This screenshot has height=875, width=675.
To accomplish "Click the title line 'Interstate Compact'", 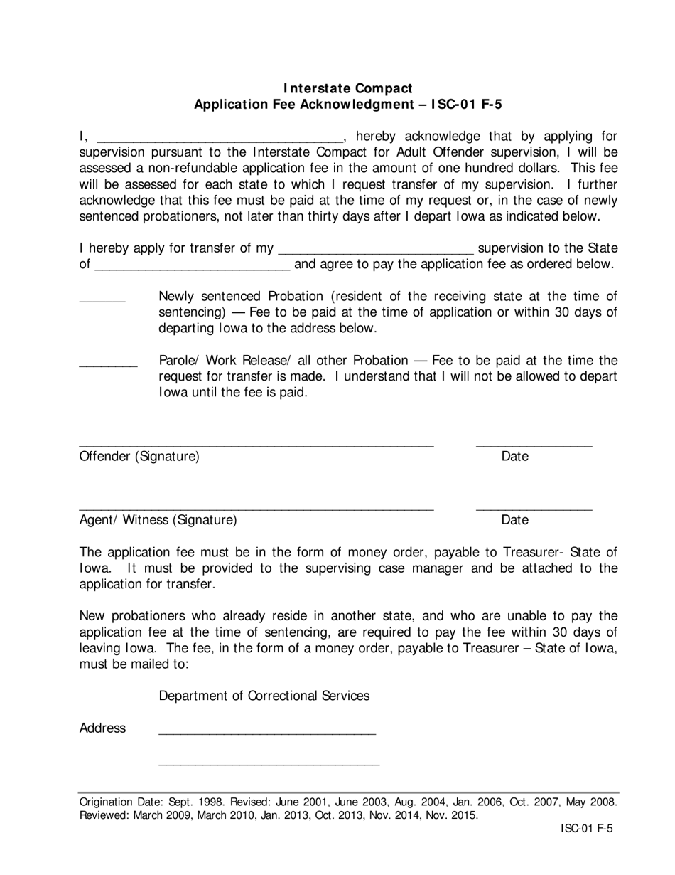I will (x=348, y=88).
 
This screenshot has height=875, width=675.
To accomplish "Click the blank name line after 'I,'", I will (x=219, y=139).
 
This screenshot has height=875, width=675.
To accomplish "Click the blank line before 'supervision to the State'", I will (x=376, y=252).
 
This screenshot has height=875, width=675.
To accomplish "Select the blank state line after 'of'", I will (x=192, y=268).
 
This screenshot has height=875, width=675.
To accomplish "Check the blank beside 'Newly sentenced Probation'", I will (x=102, y=300).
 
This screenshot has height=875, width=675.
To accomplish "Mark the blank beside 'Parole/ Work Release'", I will (x=108, y=364).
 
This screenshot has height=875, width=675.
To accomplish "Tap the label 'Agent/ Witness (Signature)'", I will (x=158, y=520).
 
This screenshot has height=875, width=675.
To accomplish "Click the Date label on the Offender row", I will (x=514, y=457).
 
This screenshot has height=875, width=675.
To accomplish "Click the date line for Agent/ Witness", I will (x=534, y=509).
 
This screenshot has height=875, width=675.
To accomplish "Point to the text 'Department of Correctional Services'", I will (x=264, y=696).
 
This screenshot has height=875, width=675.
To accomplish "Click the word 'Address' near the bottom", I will (x=102, y=728).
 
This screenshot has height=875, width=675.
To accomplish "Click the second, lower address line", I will (x=269, y=764).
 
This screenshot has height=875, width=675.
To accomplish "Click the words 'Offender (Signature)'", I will (x=139, y=457).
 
